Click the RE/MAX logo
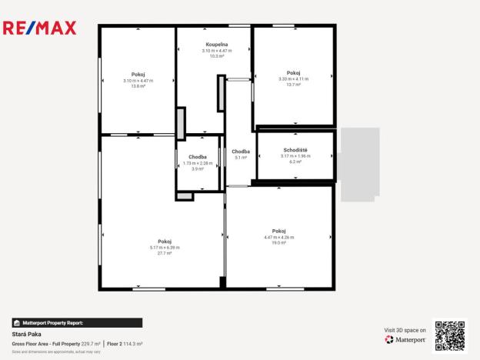[41, 28]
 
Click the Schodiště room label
[295, 150]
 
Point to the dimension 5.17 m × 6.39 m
[165, 247]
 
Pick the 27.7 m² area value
[165, 253]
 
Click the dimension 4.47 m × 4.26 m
[278, 237]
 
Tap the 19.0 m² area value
[278, 243]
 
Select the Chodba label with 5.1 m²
[241, 152]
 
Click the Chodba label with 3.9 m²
[198, 157]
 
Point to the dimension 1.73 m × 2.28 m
[198, 163]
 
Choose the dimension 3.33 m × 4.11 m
[293, 78]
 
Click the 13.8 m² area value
[138, 86]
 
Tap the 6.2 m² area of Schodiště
[295, 162]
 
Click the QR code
[450, 335]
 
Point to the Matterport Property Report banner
[77, 323]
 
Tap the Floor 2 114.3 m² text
[125, 343]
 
